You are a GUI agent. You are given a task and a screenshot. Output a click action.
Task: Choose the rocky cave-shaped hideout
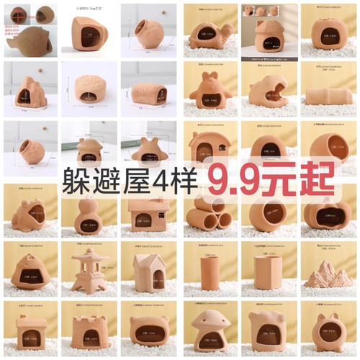pos(29,90)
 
